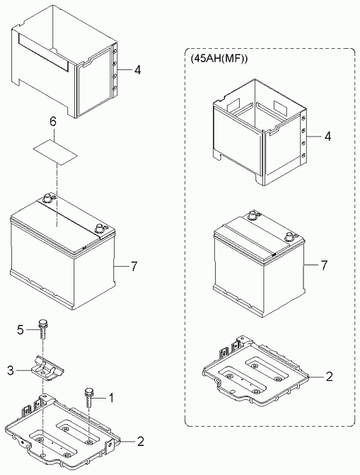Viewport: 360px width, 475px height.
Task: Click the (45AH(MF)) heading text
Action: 219,59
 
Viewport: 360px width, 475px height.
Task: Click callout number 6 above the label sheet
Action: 52,122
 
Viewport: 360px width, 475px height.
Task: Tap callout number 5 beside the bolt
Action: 21,330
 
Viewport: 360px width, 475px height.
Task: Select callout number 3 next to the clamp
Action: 11,370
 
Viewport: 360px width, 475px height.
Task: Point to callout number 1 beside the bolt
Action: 111,398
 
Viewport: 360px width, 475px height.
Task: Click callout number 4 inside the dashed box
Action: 327,137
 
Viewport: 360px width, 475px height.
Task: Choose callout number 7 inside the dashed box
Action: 324,265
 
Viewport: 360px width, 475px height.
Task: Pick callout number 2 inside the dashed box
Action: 329,377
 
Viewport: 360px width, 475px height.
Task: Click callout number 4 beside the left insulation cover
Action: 137,70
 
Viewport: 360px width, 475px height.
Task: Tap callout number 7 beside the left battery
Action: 134,267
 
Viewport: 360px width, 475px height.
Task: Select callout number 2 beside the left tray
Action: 141,442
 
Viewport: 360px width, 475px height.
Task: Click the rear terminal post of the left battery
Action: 47,198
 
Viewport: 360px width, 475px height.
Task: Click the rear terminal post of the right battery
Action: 251,215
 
